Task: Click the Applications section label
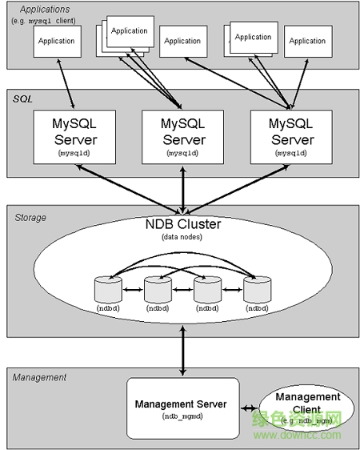pyautogui.click(x=38, y=10)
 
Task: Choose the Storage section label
pyautogui.click(x=30, y=217)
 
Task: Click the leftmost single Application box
pyautogui.click(x=57, y=41)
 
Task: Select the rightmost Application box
pyautogui.click(x=307, y=41)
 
